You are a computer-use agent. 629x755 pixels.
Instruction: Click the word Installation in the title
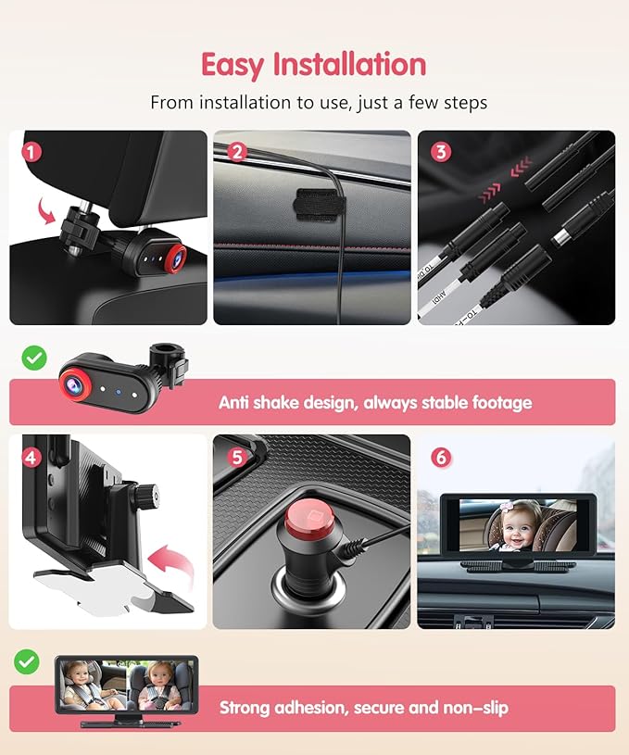pyautogui.click(x=350, y=65)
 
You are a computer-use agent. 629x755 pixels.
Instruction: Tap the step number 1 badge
pyautogui.click(x=31, y=150)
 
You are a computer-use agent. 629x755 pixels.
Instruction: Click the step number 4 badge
pyautogui.click(x=31, y=456)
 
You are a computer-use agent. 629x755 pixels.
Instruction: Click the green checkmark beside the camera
pyautogui.click(x=33, y=357)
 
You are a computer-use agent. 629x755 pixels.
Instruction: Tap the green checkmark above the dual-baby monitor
pyautogui.click(x=27, y=661)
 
